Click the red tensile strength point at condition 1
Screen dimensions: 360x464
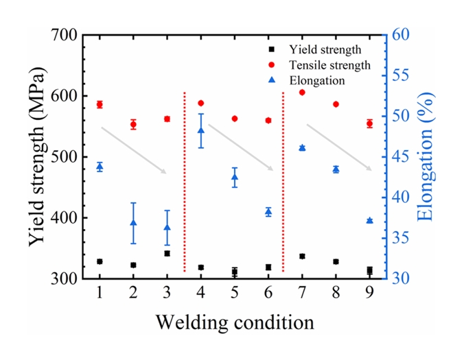coord(100,105)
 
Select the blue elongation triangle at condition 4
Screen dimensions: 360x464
coord(200,130)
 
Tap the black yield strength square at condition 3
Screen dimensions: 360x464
coord(167,254)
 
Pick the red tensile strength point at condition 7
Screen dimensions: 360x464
coord(302,92)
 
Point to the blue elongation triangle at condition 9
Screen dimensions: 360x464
coord(369,221)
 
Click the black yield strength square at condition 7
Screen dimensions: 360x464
coord(302,256)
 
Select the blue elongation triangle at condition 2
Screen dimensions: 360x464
coord(133,223)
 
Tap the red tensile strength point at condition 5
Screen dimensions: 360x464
coord(235,119)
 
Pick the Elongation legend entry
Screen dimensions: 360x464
coord(316,80)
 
